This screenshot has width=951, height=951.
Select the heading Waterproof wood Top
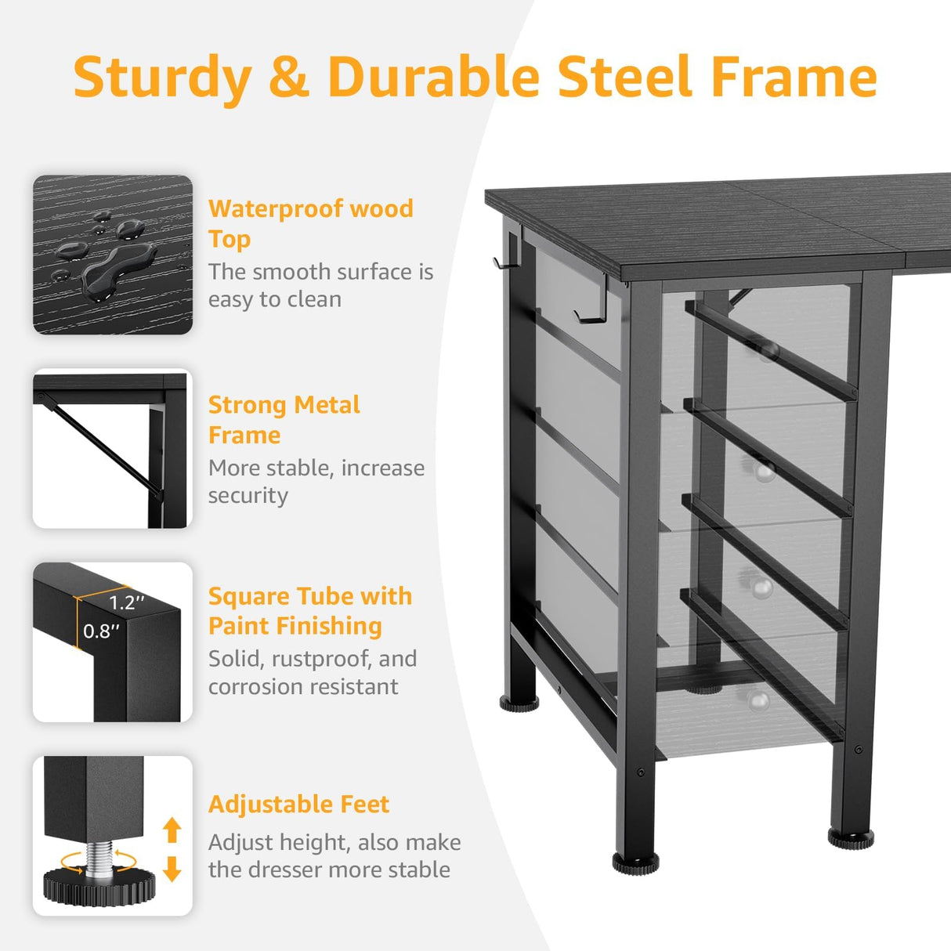[310, 223]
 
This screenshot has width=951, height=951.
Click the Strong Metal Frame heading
[284, 419]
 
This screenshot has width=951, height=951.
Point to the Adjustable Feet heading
[298, 805]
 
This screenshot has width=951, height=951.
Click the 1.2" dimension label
[127, 602]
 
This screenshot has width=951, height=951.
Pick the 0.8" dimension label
[102, 631]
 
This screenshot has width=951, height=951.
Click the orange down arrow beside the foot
[172, 869]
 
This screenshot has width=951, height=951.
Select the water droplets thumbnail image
[113, 255]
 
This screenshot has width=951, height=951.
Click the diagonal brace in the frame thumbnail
[102, 447]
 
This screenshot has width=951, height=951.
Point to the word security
[248, 496]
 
